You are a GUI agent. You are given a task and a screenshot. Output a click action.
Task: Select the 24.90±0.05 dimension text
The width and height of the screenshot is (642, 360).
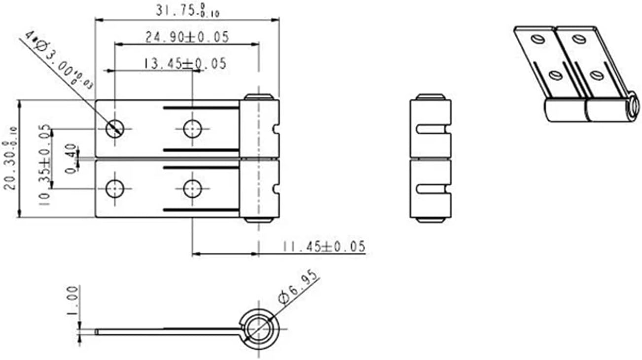coord(187,37)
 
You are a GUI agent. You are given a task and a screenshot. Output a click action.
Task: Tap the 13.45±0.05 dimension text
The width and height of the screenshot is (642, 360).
coord(185,63)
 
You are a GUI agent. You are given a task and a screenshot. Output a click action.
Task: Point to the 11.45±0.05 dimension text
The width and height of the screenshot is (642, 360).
coord(323,246)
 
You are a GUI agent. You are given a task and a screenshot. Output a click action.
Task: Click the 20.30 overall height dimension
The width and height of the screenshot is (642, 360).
coord(11,158)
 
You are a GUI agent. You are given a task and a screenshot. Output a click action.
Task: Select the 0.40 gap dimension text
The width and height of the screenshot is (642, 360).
coord(72,158)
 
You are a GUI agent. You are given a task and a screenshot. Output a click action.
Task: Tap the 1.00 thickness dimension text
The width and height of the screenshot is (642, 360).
coord(72,301)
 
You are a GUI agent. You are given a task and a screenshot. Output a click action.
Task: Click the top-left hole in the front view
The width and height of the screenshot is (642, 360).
coord(115,129)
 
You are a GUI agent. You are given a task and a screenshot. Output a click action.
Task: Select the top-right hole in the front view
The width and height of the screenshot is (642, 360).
coord(192,129)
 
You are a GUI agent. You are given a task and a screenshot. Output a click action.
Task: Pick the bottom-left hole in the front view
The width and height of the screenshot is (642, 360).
coord(115,188)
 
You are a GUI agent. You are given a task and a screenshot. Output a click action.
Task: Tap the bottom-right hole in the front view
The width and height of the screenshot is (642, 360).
coord(192,188)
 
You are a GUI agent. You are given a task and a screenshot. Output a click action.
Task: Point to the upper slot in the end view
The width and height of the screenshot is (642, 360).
coord(432,129)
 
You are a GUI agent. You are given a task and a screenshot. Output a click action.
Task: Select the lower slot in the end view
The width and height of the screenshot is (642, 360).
coord(432,188)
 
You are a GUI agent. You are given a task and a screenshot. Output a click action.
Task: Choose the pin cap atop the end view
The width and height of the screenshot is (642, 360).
coord(430,96)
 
